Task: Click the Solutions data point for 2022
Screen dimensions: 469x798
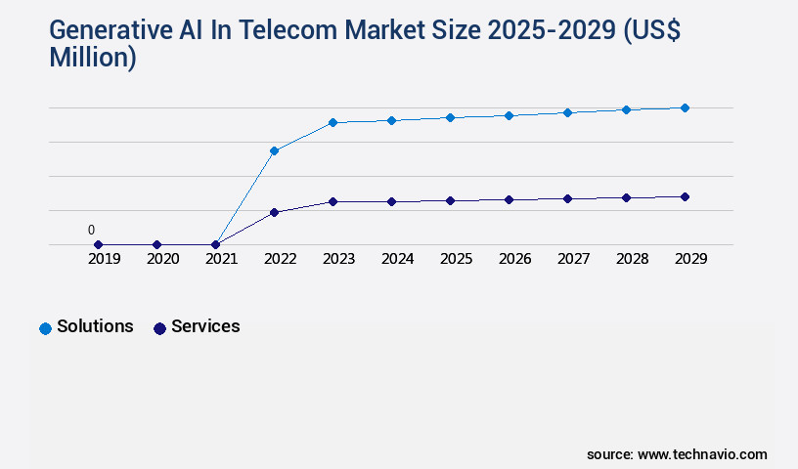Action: pyautogui.click(x=274, y=150)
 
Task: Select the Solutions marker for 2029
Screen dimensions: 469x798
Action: pyautogui.click(x=685, y=107)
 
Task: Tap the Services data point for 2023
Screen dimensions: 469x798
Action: pyautogui.click(x=332, y=201)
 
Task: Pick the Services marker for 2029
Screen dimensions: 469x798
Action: pyautogui.click(x=685, y=196)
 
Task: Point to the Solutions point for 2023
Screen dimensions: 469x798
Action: pyautogui.click(x=332, y=122)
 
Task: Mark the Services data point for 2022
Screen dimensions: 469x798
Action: pyautogui.click(x=274, y=212)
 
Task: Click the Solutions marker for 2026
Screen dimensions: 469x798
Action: pyautogui.click(x=509, y=115)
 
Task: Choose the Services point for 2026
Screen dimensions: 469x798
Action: pyautogui.click(x=509, y=199)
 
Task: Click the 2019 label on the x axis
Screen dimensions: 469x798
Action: pyautogui.click(x=105, y=259)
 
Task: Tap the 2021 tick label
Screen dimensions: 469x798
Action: pyautogui.click(x=222, y=259)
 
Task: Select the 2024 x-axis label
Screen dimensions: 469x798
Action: pyautogui.click(x=397, y=259)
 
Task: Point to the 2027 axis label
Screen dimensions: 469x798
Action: pyautogui.click(x=573, y=259)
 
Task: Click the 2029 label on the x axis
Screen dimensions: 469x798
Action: pyautogui.click(x=690, y=259)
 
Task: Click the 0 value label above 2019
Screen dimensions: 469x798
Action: pyautogui.click(x=91, y=231)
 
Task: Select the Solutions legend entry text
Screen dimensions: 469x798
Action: pyautogui.click(x=95, y=326)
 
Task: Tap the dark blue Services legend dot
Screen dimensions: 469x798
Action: pyautogui.click(x=159, y=328)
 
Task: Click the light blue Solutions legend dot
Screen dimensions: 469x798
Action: pyautogui.click(x=45, y=328)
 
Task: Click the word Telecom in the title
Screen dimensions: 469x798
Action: pyautogui.click(x=260, y=31)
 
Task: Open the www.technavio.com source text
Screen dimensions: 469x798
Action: pyautogui.click(x=702, y=454)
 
